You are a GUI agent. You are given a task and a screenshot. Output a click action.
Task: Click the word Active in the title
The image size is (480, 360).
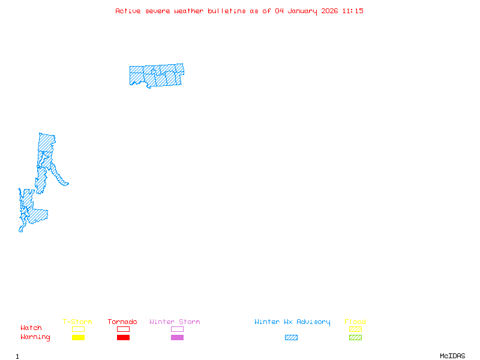(128, 11)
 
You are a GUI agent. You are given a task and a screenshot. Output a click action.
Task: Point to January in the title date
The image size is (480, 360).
(302, 11)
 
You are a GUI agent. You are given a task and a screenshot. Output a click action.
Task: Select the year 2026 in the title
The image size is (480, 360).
(329, 11)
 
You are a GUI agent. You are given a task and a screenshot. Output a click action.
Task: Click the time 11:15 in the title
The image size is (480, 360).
(353, 11)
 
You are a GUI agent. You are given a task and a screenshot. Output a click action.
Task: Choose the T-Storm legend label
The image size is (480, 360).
(77, 322)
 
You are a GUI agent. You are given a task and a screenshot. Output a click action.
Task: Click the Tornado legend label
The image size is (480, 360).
(122, 322)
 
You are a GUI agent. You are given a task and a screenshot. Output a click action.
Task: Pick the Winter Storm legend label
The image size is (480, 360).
(175, 322)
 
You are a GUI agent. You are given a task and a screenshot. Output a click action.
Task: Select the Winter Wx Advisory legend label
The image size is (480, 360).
(292, 322)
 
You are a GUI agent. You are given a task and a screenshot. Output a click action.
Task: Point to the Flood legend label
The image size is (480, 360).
(355, 322)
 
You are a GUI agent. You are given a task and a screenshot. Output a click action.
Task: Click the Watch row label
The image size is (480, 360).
(31, 328)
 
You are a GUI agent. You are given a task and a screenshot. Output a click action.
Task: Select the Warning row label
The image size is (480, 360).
(35, 337)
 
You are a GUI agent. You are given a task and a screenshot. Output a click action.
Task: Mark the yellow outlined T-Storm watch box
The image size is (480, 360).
(78, 329)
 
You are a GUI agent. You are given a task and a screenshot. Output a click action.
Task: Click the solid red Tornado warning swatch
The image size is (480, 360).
(123, 338)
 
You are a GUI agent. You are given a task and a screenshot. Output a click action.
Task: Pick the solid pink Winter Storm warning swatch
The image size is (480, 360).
(177, 338)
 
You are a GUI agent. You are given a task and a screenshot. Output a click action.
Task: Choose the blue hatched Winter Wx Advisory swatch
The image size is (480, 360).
(291, 338)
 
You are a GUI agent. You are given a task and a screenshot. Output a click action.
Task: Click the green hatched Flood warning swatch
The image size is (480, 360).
(355, 338)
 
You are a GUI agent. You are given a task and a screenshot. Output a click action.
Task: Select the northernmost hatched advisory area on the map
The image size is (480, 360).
(157, 75)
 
